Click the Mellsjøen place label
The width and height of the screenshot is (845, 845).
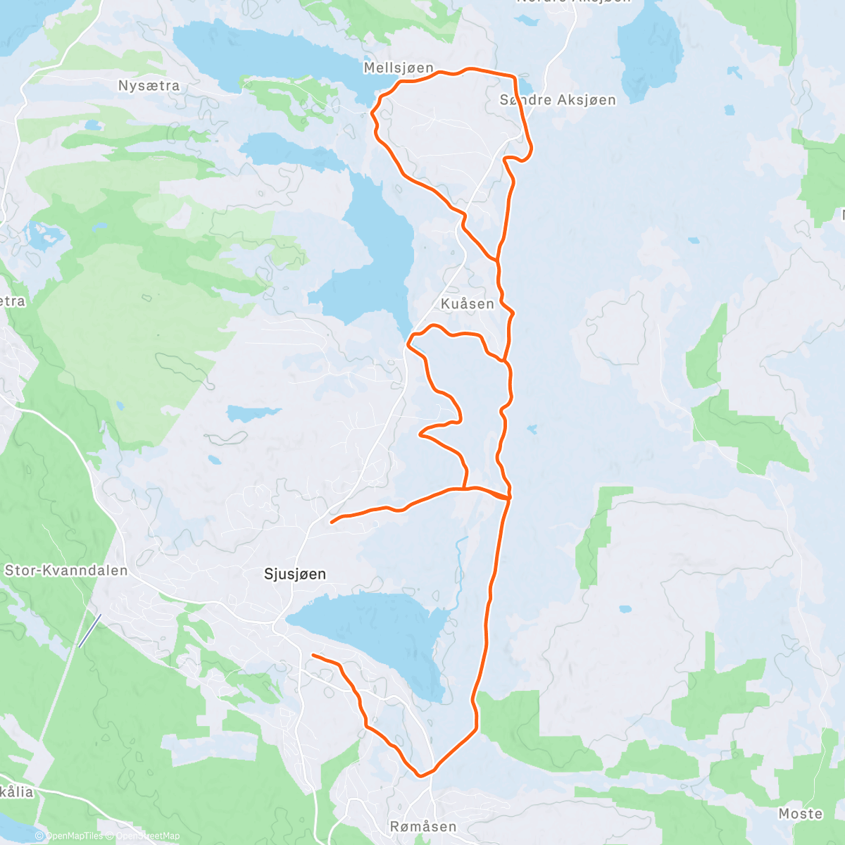tap(399, 68)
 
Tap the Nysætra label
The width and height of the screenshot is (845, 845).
tap(149, 86)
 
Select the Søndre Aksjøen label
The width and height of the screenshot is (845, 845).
tap(558, 100)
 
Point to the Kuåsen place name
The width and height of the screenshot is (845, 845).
tap(468, 304)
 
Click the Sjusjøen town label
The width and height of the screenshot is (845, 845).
tap(295, 574)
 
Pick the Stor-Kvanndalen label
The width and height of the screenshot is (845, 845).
tap(66, 570)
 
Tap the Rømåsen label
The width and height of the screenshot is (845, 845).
tap(423, 827)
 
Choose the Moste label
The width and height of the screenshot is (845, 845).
tap(801, 814)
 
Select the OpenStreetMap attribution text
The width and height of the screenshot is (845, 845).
tap(147, 837)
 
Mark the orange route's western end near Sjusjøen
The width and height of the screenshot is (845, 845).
tap(332, 522)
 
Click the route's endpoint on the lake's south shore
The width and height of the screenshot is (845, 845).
tap(313, 656)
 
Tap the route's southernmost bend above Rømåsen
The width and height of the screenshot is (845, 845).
tap(421, 776)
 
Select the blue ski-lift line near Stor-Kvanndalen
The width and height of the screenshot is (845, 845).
tap(89, 630)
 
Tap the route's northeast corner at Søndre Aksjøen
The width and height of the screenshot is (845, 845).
tap(515, 76)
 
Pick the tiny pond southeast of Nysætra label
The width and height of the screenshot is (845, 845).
tap(91, 125)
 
